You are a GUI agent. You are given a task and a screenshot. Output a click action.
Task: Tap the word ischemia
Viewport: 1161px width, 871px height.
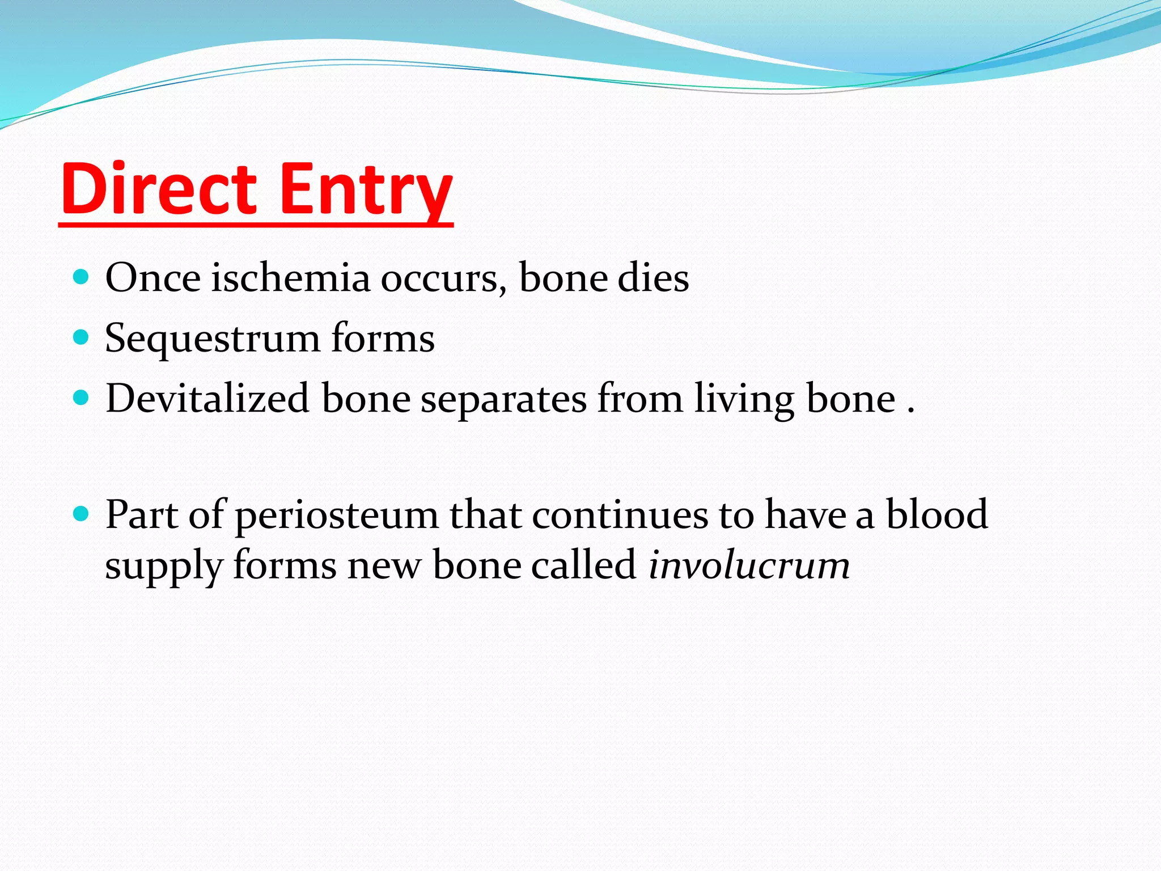point(290,278)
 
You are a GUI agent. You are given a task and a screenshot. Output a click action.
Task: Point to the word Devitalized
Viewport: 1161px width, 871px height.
point(207,398)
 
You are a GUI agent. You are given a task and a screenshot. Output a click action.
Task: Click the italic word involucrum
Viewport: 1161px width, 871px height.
point(749,565)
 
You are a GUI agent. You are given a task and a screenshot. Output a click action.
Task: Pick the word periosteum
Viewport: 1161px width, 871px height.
point(337,515)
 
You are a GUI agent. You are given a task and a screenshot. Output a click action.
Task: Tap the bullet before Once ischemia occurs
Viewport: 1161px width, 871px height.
point(82,277)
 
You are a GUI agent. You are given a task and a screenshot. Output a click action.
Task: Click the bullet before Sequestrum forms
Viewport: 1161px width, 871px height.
point(82,337)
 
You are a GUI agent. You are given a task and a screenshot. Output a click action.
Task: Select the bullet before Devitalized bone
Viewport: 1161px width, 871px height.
point(82,398)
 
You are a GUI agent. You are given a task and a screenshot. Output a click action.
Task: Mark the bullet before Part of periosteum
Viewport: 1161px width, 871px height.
point(82,514)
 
